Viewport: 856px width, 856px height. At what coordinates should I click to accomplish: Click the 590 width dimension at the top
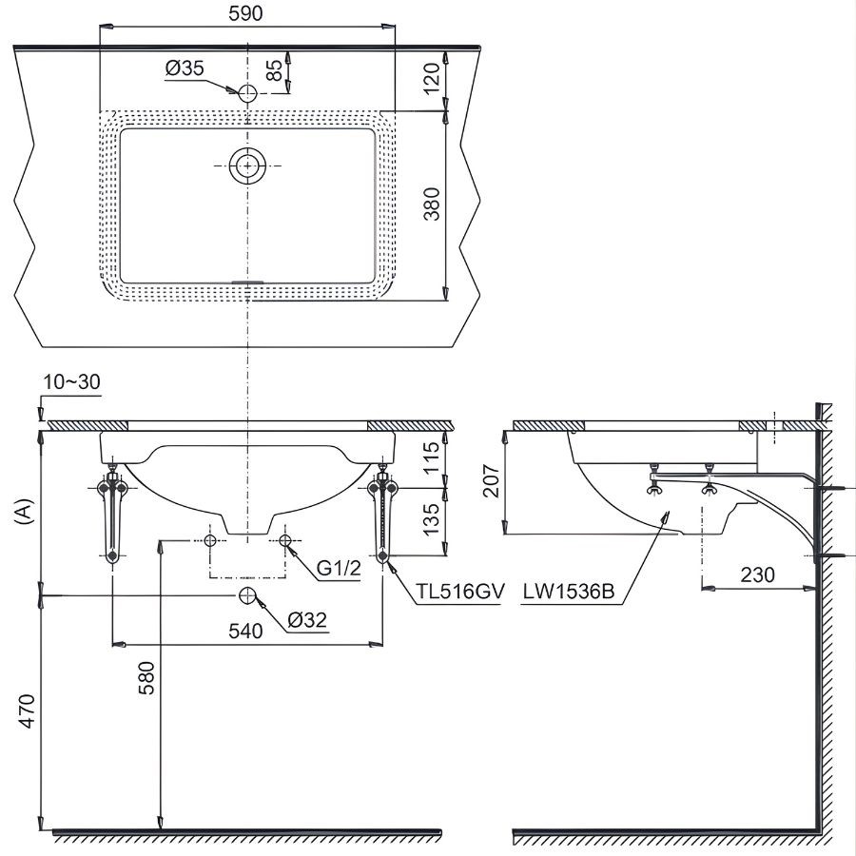[245, 12]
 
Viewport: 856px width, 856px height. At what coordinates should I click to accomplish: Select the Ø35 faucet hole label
[185, 68]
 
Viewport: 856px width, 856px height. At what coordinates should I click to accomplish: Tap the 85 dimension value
[273, 71]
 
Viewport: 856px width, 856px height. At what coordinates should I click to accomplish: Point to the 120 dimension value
[433, 79]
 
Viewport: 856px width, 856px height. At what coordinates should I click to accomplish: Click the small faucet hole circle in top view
[247, 92]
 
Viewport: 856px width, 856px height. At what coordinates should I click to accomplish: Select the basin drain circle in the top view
[247, 165]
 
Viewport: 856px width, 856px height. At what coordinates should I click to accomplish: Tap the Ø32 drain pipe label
[306, 620]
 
